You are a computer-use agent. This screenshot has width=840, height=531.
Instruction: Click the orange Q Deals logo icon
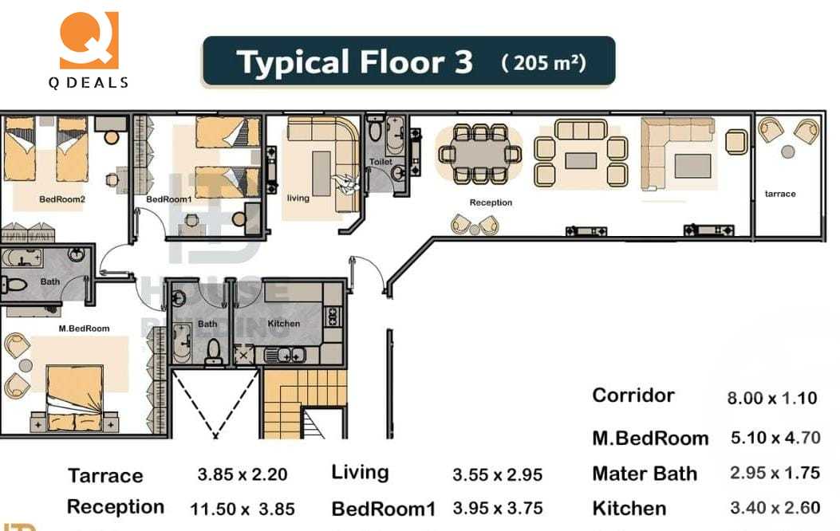[89, 40]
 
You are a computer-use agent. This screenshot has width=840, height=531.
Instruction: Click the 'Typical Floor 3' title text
[355, 62]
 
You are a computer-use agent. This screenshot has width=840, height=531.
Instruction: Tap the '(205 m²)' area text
[544, 62]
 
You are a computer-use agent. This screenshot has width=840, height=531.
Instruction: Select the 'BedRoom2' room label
[61, 199]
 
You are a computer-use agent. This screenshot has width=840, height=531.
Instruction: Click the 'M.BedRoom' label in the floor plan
[84, 328]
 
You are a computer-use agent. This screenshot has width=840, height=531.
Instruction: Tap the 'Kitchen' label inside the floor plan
[283, 324]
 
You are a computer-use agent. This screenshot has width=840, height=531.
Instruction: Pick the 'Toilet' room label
[381, 162]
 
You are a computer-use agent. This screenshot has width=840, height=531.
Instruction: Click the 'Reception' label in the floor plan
[491, 203]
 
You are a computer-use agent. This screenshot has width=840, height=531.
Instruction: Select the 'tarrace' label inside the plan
[779, 194]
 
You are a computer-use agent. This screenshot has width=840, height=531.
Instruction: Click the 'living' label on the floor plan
[298, 198]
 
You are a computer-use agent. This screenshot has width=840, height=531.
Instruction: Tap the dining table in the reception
[479, 153]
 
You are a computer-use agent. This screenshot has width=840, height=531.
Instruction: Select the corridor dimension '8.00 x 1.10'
[771, 398]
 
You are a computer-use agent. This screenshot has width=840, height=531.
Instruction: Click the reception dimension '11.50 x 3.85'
[243, 509]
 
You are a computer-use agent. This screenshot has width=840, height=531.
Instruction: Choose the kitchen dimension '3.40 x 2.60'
[775, 508]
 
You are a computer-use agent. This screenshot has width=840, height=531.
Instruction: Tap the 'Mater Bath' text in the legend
[645, 474]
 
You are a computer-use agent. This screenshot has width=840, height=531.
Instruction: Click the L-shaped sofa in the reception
[676, 151]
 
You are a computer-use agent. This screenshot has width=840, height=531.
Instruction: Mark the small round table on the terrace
[787, 151]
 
